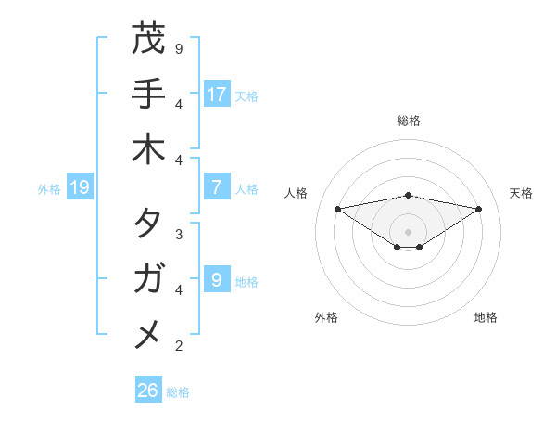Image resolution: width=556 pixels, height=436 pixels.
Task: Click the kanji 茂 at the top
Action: pyautogui.click(x=148, y=40)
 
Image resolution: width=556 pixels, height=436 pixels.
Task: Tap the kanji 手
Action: pyautogui.click(x=148, y=95)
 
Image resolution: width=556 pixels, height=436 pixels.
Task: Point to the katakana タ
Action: pyautogui.click(x=148, y=224)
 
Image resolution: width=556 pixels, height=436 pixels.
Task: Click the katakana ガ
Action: pyautogui.click(x=148, y=278)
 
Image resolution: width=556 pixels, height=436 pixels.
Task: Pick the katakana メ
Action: pyautogui.click(x=148, y=333)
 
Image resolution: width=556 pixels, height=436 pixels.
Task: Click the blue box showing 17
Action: pyautogui.click(x=217, y=95)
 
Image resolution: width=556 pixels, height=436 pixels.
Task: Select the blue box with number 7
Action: pyautogui.click(x=217, y=187)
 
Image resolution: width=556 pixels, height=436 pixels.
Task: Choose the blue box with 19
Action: pyautogui.click(x=80, y=188)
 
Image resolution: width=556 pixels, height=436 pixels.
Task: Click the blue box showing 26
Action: pyautogui.click(x=148, y=391)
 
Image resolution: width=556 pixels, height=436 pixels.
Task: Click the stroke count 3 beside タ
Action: pyautogui.click(x=178, y=234)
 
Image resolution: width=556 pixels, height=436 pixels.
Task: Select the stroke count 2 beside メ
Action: pyautogui.click(x=178, y=346)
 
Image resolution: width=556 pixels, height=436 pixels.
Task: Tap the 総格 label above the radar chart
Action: pyautogui.click(x=409, y=121)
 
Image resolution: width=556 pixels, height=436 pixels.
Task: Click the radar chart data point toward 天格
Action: pyautogui.click(x=479, y=209)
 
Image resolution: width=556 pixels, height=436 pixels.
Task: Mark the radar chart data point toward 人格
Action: pyautogui.click(x=337, y=208)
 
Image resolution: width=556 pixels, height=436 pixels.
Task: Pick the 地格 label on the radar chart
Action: pyautogui.click(x=486, y=317)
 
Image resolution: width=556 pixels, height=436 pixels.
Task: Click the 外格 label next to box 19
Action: pyautogui.click(x=49, y=189)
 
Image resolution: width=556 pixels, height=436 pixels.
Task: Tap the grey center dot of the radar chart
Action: pyautogui.click(x=409, y=232)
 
